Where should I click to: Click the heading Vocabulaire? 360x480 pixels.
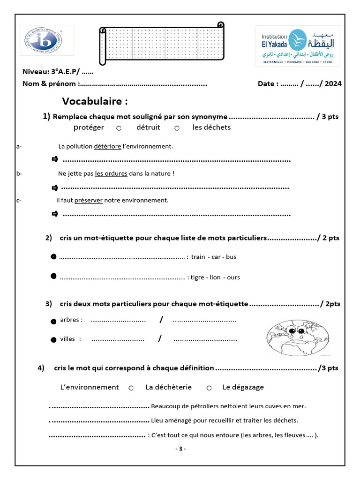[95, 102]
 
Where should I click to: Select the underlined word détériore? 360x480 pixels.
[107, 146]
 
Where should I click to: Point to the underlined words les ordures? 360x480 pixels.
[111, 173]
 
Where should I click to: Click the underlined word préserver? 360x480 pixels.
[88, 200]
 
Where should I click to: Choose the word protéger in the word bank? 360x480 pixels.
[89, 127]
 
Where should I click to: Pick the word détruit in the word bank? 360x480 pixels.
[148, 127]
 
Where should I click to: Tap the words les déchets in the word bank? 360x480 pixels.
[211, 127]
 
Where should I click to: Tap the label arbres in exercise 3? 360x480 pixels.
[71, 320]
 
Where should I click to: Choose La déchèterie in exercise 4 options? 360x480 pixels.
[168, 387]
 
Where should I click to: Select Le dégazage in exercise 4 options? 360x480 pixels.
[243, 387]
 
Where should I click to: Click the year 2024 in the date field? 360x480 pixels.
[332, 84]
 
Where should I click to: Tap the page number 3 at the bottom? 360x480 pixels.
[180, 449]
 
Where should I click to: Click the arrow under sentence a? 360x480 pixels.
[54, 160]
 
